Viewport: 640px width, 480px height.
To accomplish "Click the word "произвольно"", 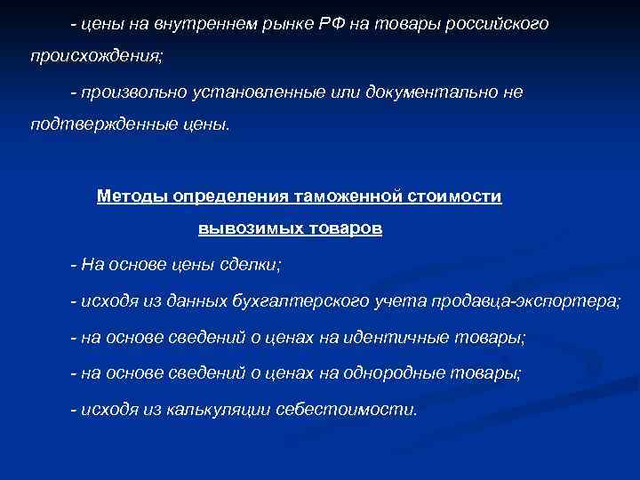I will [132, 92].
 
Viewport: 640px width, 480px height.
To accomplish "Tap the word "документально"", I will [425, 92].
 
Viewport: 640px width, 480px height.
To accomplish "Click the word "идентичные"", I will [404, 338].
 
